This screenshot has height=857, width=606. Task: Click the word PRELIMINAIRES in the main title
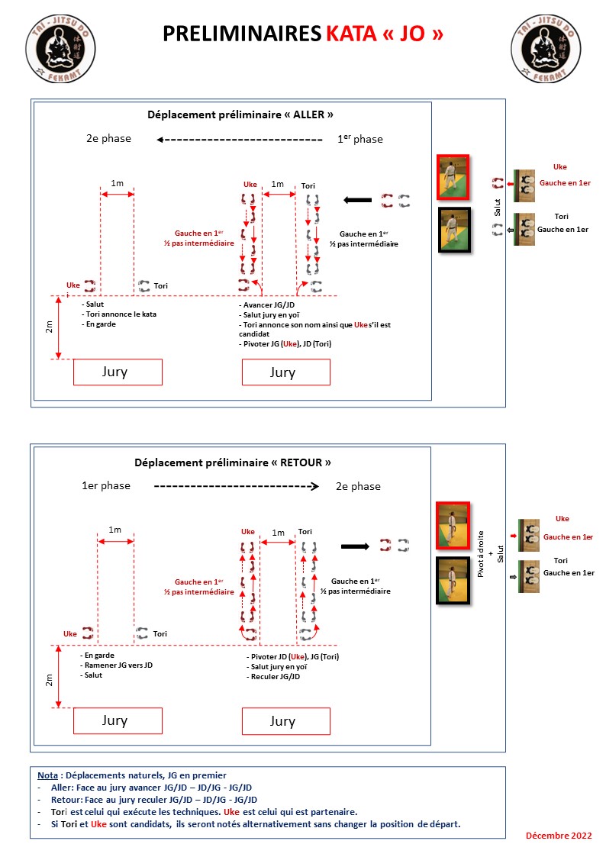pos(242,34)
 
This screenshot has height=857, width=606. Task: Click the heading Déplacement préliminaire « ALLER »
pos(240,115)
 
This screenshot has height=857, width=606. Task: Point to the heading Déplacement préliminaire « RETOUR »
pos(233,462)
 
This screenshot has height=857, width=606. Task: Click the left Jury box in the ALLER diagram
pos(118,372)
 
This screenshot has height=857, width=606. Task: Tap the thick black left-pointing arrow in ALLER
pos(356,201)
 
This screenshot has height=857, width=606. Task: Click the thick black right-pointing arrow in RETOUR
pos(354,546)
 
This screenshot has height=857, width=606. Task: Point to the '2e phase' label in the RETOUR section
pos(358,486)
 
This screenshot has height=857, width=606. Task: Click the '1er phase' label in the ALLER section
pos(360,139)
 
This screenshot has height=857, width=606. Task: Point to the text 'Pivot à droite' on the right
pos(480,547)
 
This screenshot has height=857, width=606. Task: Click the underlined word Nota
pos(50,775)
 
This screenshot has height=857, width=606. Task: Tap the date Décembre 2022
pos(559,836)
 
